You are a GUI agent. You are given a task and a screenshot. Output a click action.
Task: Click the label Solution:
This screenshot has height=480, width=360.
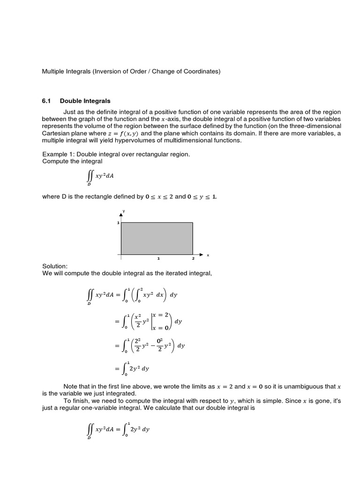pos(55,266)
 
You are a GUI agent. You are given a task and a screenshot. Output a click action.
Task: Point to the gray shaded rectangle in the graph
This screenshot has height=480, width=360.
pos(157,239)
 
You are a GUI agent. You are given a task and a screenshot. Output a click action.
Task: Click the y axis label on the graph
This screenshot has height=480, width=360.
pos(124,211)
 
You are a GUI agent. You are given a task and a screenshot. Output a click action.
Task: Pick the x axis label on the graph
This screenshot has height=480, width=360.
pos(208,255)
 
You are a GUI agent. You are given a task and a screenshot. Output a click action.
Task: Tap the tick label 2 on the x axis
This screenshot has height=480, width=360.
pos(193,258)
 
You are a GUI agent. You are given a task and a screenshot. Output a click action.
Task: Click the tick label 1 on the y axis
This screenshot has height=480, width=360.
pos(118,223)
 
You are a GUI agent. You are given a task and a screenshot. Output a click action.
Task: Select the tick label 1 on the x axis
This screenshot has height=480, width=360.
pos(158,258)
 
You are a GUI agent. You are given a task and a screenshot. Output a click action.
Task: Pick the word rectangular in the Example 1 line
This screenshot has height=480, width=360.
pos(148,154)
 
